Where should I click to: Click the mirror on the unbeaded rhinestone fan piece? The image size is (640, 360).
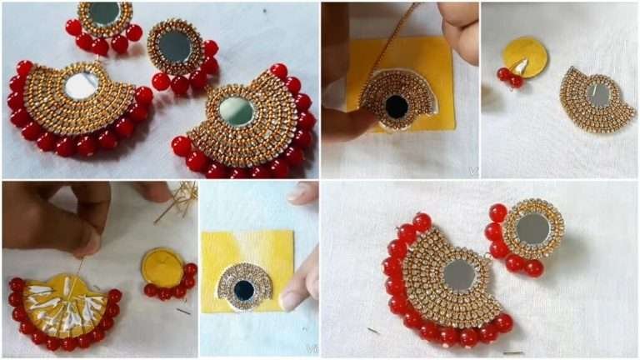point(597,94)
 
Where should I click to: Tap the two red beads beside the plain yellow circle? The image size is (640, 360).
point(509,77)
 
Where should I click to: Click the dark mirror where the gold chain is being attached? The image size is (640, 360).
point(397,106)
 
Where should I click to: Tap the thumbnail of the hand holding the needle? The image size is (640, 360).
point(87,242)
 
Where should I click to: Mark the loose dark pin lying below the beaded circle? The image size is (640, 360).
point(182,311)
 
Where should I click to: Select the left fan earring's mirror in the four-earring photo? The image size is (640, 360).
point(81,85)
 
